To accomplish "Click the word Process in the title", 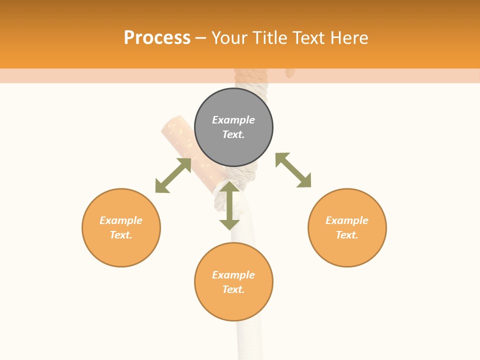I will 157,38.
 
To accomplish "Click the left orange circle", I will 121,227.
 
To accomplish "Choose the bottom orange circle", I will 233,281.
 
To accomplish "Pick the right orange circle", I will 347,227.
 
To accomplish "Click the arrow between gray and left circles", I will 173,175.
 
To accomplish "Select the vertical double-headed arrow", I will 229,206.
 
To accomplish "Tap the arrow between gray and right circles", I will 293,170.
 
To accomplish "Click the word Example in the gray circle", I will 233,120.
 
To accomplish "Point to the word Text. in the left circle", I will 121,235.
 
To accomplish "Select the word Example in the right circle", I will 347,220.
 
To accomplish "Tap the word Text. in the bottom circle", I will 233,289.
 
